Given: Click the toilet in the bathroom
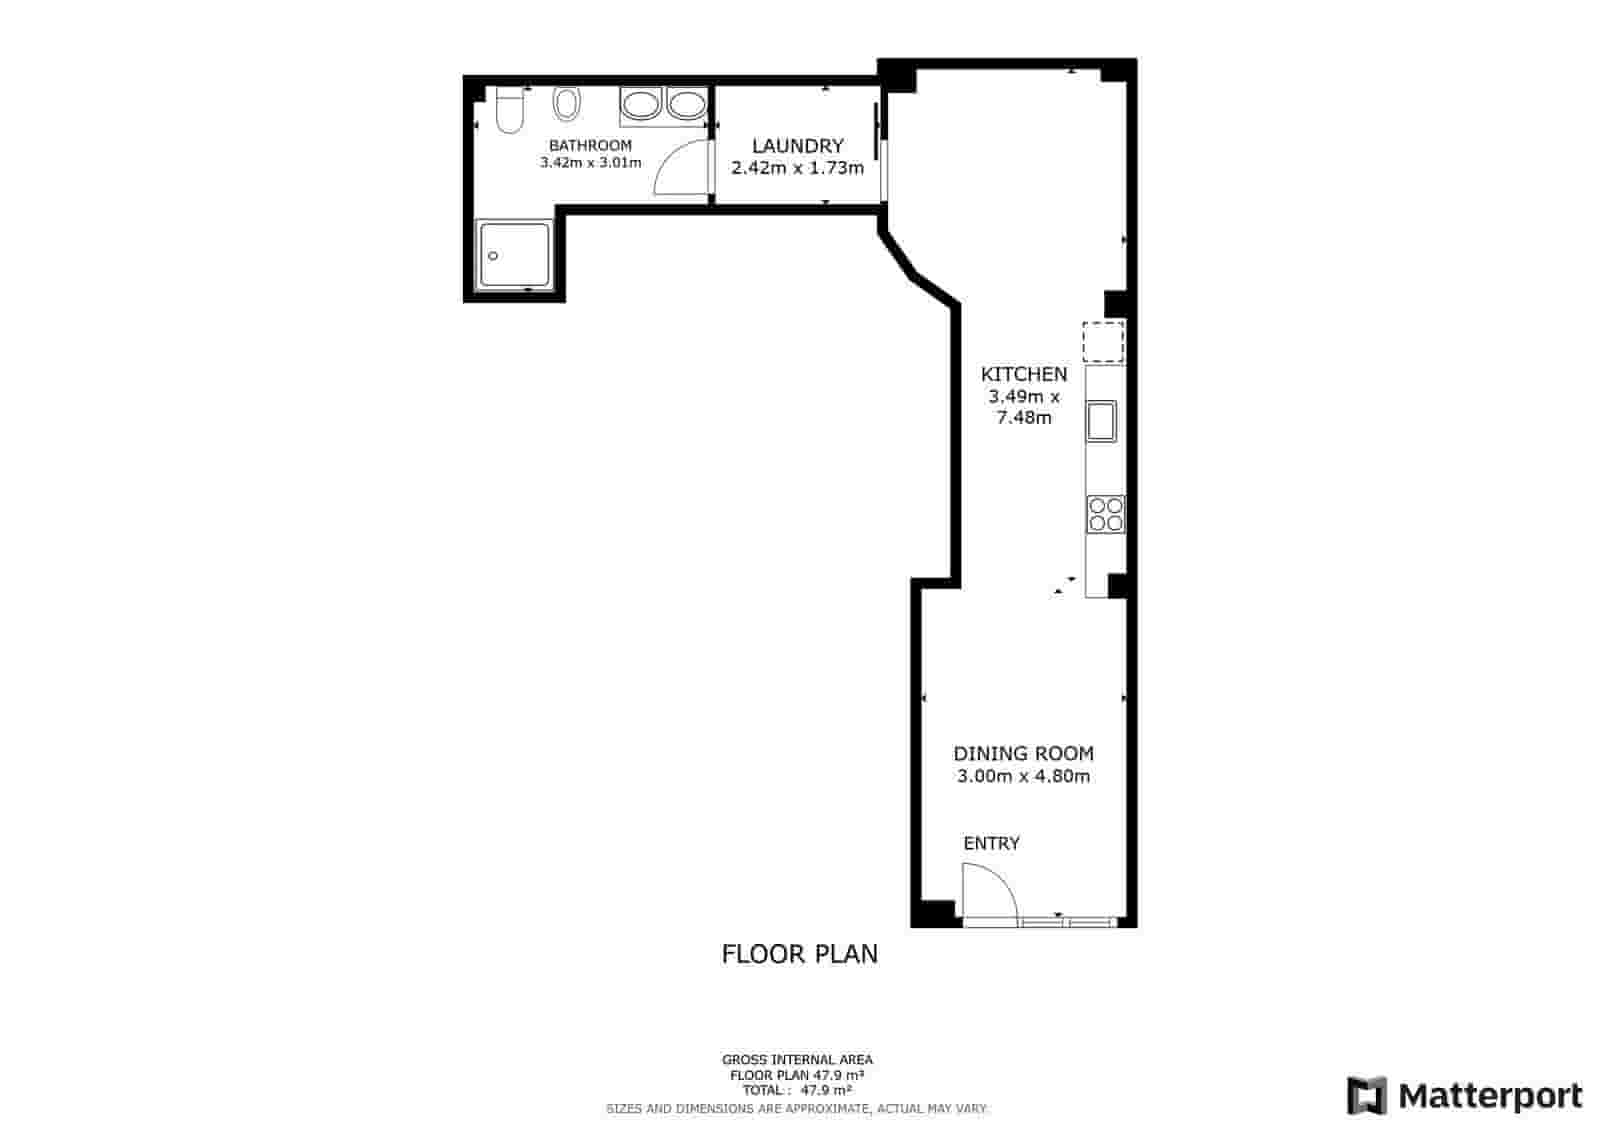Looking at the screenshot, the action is (x=510, y=110).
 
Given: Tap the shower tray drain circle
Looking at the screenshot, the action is (x=492, y=255).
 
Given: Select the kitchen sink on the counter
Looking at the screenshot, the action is (x=1101, y=421).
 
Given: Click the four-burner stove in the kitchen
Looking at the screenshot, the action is (x=1106, y=514).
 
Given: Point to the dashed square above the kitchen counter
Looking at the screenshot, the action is (x=1104, y=342).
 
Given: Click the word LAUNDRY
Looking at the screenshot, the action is (x=798, y=146).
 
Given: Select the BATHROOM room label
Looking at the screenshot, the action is (x=590, y=146).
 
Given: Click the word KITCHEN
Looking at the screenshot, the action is (x=1024, y=374).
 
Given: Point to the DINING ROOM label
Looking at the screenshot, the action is (x=1024, y=753).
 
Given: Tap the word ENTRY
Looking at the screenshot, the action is (x=991, y=843).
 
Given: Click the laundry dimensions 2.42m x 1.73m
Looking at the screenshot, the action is (x=798, y=168).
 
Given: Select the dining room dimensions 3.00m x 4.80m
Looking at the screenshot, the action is (x=1024, y=776).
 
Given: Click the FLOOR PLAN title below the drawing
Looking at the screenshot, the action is (x=799, y=954).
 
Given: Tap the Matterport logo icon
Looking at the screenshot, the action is (x=1366, y=1095).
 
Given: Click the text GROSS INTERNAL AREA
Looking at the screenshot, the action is (x=797, y=1060).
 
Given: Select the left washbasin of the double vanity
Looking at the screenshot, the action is (x=641, y=106).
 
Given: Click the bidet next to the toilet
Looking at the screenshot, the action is (x=566, y=104).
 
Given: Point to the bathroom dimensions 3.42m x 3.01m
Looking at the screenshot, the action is (x=590, y=163).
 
